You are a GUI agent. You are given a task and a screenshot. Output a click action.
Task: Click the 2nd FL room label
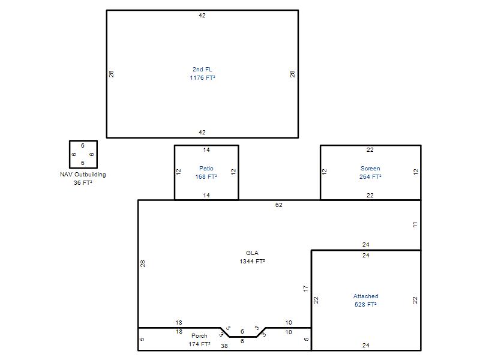[x=202, y=70]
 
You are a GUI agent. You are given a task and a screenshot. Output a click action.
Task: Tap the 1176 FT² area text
[x=202, y=78]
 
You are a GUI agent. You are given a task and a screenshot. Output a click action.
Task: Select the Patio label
[x=206, y=169]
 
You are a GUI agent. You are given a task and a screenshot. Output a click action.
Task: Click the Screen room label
[x=370, y=169]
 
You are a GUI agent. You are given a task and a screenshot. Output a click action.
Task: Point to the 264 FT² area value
[x=370, y=176]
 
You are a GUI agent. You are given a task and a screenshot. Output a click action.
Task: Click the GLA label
[x=252, y=253]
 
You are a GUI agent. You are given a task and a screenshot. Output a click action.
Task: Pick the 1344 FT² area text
[x=252, y=262]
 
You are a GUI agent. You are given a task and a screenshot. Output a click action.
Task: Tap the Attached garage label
[x=366, y=296]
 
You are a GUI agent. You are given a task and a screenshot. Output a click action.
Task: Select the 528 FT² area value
[x=366, y=305]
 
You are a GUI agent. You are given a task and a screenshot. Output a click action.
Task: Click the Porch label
[x=199, y=336]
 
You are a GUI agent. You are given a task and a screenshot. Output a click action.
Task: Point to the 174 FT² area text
[x=199, y=344]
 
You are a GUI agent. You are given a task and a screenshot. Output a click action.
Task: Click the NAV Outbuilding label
[x=83, y=175]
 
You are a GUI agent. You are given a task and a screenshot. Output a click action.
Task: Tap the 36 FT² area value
[x=83, y=183]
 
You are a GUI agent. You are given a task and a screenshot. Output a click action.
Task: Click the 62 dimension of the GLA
[x=279, y=205]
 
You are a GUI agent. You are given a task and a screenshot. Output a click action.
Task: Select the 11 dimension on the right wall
[x=415, y=224]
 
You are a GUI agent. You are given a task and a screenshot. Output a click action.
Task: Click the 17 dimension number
[x=305, y=289]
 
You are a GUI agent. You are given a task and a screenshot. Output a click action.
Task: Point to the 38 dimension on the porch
[x=224, y=346]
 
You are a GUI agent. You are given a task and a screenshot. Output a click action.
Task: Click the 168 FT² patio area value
[x=206, y=176]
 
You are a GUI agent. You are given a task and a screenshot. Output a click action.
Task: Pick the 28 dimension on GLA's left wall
[x=143, y=263]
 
